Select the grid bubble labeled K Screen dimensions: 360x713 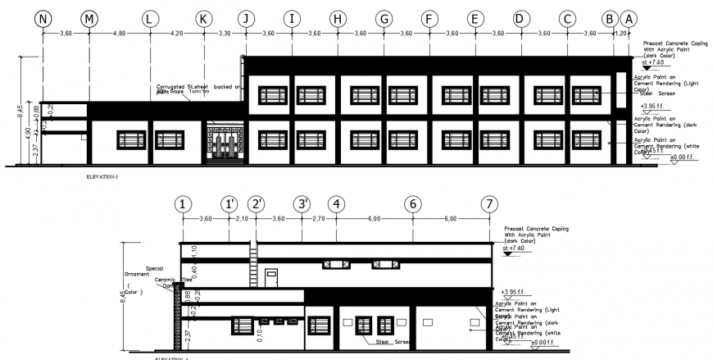[204, 18]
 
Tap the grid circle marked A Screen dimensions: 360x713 [629, 18]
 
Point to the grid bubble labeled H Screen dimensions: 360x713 [337, 18]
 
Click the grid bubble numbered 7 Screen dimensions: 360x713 [490, 204]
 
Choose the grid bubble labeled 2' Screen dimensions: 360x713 [257, 204]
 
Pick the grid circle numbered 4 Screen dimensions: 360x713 [337, 204]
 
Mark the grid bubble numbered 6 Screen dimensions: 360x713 [414, 204]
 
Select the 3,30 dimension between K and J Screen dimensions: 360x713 [224, 34]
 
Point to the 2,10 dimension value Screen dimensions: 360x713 [242, 219]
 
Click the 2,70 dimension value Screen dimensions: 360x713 [320, 219]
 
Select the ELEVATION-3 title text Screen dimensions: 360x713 [102, 175]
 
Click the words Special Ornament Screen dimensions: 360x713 [153, 271]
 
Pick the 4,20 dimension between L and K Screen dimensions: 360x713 [175, 34]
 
